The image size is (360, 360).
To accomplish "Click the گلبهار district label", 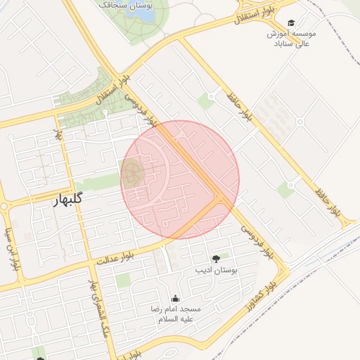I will (68, 200).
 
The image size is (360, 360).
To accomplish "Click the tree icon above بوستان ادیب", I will (216, 260).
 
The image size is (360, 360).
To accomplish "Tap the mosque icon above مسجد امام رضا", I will (175, 298).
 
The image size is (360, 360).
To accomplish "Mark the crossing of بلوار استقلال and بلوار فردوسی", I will (116, 79).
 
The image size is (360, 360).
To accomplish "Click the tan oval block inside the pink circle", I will (132, 173).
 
